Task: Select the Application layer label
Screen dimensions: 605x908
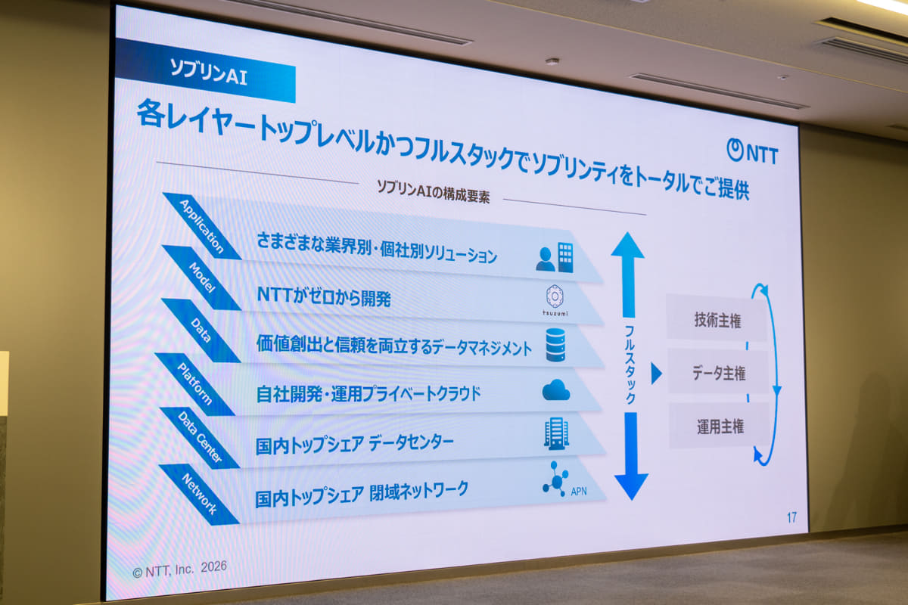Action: click(x=202, y=225)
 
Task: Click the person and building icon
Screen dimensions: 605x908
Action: click(x=555, y=258)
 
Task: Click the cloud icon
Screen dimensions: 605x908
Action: click(x=555, y=390)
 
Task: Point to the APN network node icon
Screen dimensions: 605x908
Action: click(x=557, y=478)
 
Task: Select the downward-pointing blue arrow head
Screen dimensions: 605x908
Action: click(x=631, y=484)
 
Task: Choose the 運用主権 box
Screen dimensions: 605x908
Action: click(x=720, y=427)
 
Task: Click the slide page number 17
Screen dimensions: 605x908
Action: click(x=791, y=518)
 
